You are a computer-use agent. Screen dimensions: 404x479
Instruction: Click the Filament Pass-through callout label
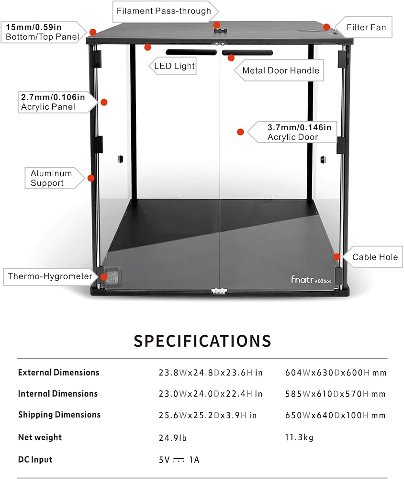pos(164,11)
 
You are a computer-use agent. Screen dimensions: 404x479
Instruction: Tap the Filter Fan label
pos(366,27)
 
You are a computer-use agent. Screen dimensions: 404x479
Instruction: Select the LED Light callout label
pos(174,66)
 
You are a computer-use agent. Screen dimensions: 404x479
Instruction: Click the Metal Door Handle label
pos(280,70)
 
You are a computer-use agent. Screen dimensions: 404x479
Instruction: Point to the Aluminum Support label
pos(51,178)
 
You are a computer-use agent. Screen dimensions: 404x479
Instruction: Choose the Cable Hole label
pos(375,257)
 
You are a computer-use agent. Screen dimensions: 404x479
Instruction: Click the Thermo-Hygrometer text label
pos(50,276)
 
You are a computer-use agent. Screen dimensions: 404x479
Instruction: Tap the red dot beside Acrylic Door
pos(241,132)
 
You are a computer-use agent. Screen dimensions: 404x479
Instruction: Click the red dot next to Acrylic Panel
pos(104,102)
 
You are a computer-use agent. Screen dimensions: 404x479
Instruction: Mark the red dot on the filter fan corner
pos(326,27)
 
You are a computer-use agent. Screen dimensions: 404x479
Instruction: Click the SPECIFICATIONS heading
pos(202,341)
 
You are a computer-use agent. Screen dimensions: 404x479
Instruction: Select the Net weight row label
pos(40,437)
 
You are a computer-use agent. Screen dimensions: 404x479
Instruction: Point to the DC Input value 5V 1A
pos(179,460)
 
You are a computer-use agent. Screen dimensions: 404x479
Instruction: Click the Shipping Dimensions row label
pos(59,415)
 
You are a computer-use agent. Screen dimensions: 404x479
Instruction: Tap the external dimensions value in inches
pos(211,373)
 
